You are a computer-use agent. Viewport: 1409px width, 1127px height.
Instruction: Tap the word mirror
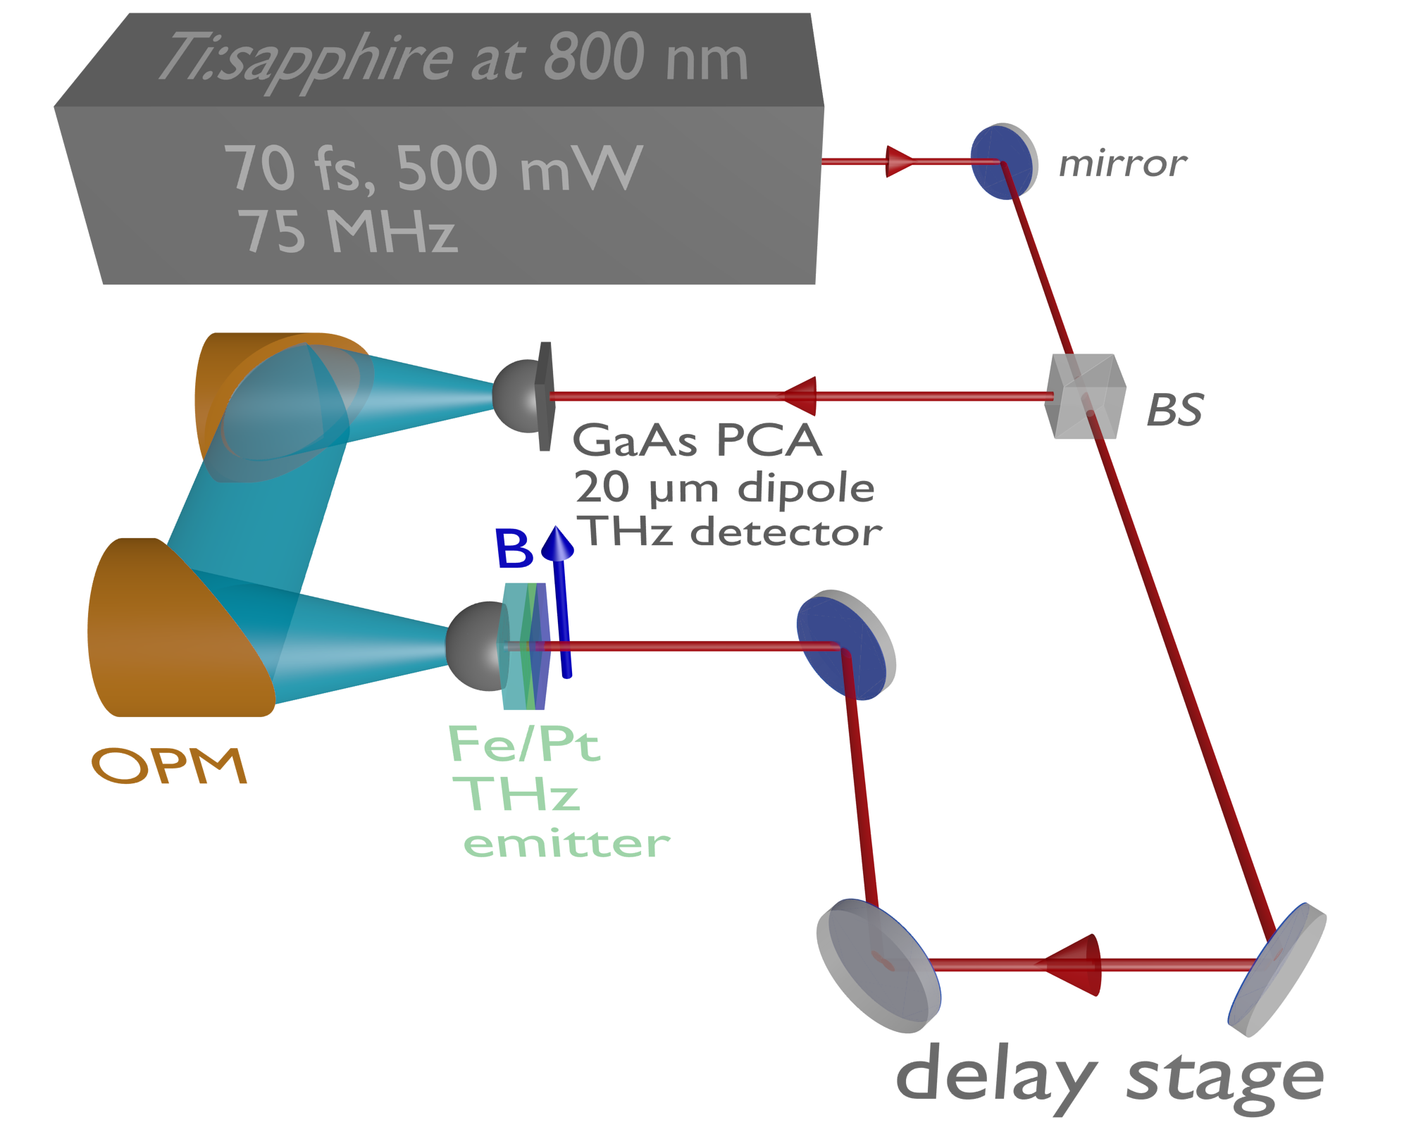tap(1122, 164)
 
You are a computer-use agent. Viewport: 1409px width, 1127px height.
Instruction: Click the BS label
tap(1174, 410)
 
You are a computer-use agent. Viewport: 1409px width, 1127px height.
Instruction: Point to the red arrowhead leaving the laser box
tap(899, 162)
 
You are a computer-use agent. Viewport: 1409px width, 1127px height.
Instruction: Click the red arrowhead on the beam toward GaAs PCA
tap(801, 396)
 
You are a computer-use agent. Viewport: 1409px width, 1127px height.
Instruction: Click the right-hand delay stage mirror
tap(1277, 971)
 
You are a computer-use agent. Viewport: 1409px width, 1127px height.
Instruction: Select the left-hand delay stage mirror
tap(878, 966)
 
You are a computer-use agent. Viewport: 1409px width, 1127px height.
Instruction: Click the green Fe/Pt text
tap(524, 744)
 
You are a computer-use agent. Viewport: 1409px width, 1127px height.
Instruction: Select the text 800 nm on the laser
tap(645, 58)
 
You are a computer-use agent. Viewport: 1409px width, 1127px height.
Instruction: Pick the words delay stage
tap(1109, 1078)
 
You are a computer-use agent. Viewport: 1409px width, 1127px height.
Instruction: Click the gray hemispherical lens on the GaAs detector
tap(514, 396)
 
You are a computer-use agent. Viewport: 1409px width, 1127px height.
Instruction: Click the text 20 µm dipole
tap(724, 487)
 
